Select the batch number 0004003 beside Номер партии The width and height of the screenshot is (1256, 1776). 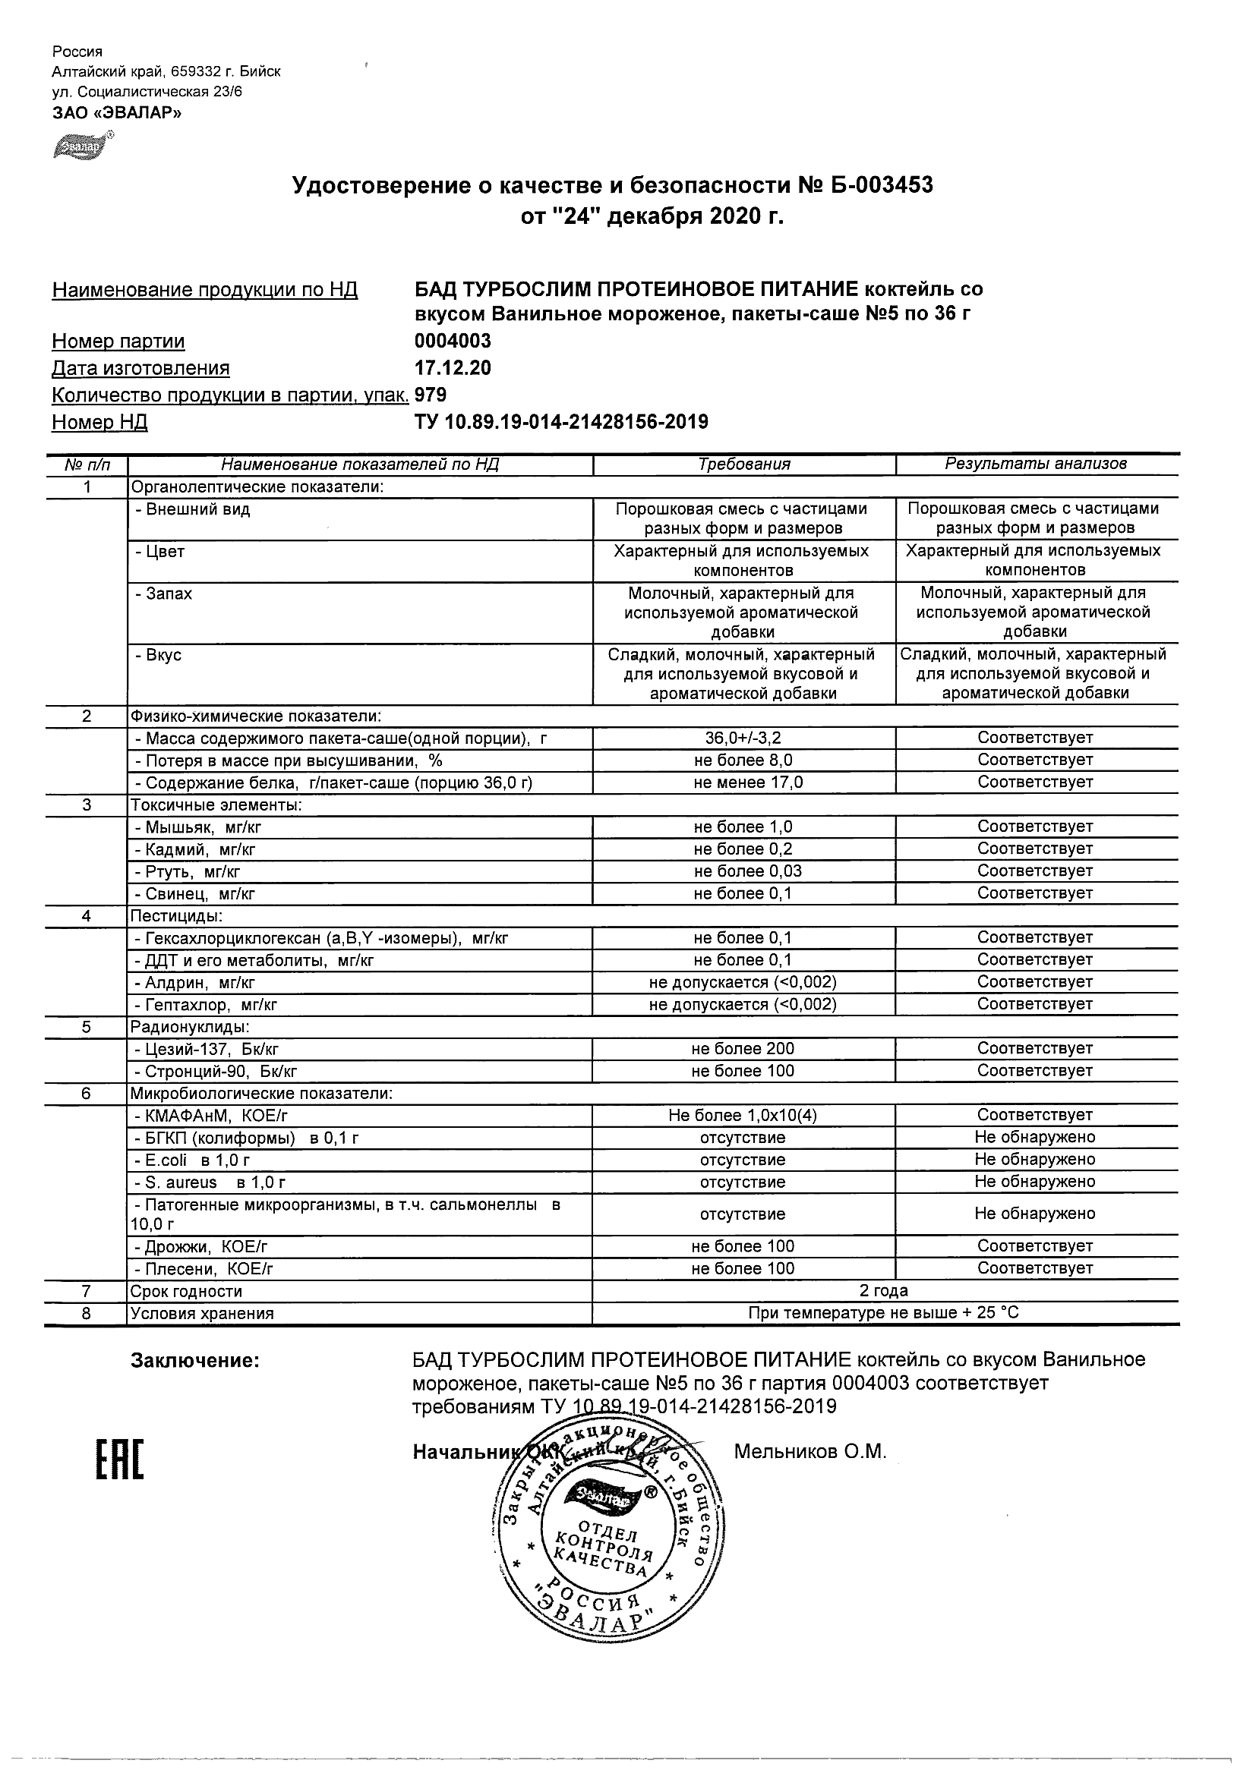[x=453, y=341]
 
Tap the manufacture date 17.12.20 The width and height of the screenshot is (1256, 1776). [x=453, y=368]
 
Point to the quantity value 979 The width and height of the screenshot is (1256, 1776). [x=431, y=395]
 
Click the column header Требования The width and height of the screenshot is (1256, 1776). [x=743, y=464]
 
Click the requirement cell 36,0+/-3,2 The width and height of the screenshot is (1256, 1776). [x=743, y=738]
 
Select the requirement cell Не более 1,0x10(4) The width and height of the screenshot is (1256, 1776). [x=743, y=1116]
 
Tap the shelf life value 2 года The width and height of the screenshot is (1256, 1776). [x=884, y=1291]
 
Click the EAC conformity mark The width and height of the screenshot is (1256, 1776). [x=120, y=1460]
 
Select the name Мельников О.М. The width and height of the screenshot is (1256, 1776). [x=809, y=1452]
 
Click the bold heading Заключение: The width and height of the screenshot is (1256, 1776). [x=195, y=1361]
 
